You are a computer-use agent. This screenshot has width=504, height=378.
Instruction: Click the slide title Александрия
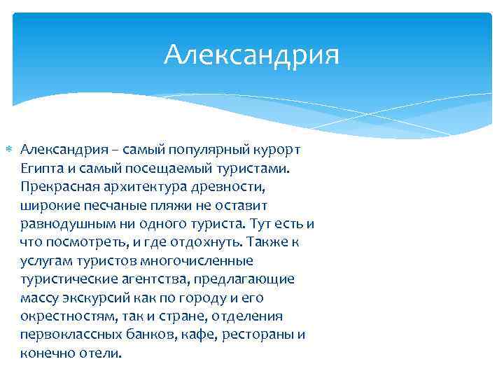click(251, 55)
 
